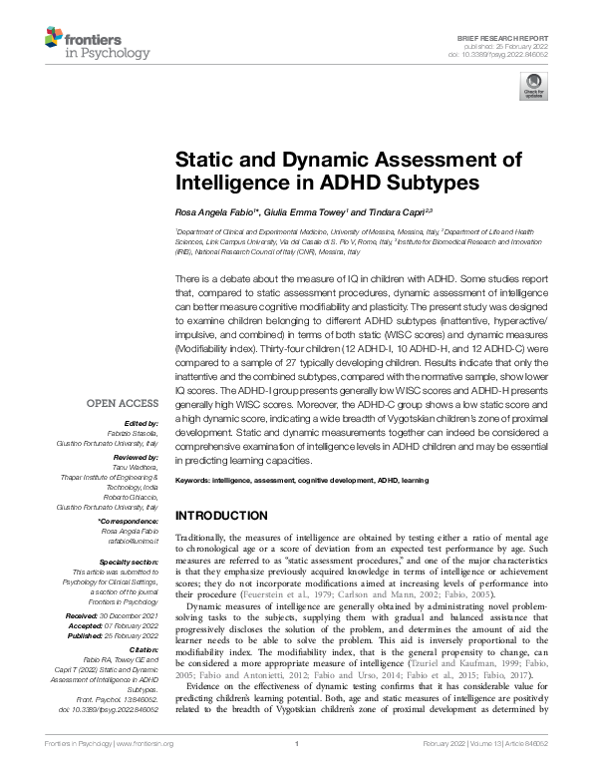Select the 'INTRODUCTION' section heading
pos(221,516)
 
